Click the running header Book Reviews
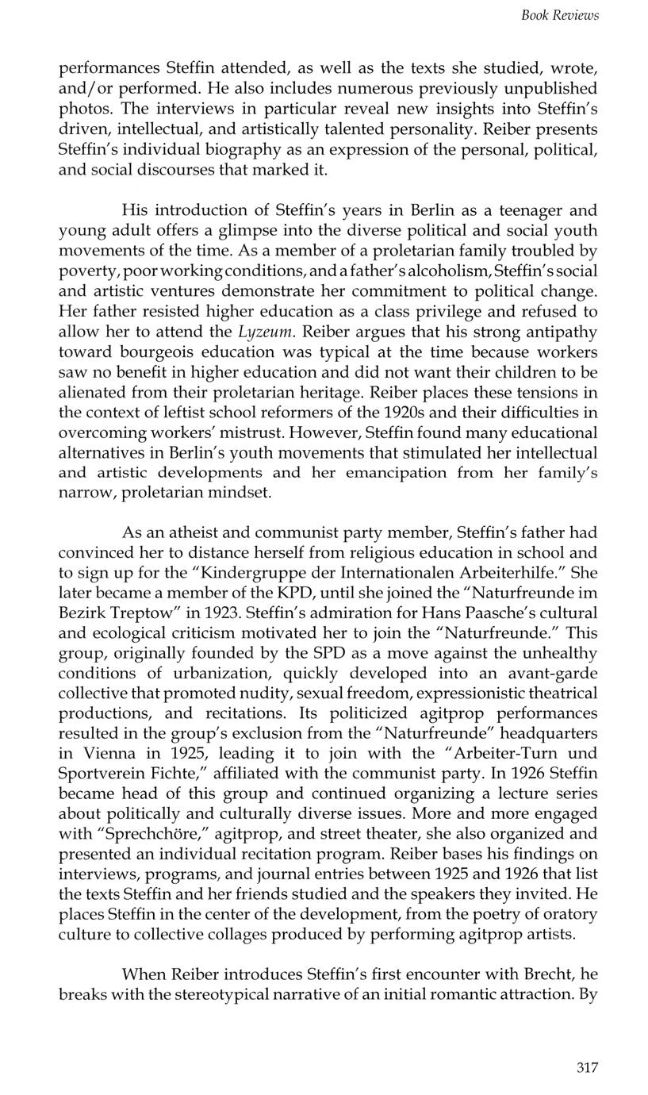tap(559, 15)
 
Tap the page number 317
tap(587, 1067)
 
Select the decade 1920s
tap(349, 412)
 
